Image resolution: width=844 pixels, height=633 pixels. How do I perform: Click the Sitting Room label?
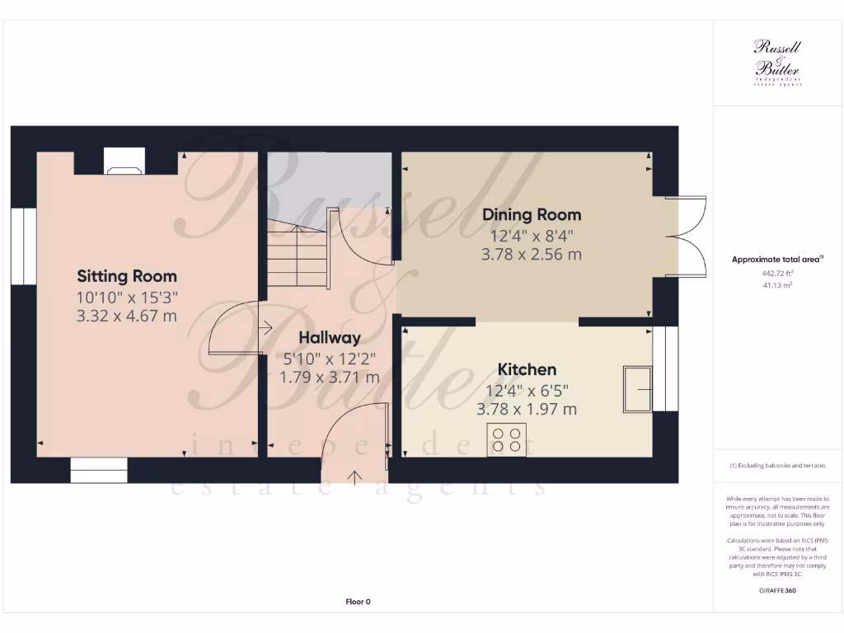127,276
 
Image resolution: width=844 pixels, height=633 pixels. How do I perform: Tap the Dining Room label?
532,215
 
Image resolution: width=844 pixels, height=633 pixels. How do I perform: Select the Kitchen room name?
527,370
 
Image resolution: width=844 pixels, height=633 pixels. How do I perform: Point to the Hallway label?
330,338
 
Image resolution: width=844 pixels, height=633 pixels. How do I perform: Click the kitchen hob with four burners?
507,439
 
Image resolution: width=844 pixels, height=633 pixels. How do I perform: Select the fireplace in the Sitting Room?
124,162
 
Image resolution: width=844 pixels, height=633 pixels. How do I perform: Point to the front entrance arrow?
356,476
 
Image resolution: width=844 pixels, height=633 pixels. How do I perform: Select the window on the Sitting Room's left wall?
24,246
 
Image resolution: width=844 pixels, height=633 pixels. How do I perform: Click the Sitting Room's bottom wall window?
99,470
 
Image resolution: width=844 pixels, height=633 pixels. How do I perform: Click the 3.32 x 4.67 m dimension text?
127,316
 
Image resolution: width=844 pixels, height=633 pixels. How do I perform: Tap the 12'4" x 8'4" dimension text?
532,235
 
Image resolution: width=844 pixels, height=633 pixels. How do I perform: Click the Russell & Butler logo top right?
777,63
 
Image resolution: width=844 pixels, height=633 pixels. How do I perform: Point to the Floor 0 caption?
358,602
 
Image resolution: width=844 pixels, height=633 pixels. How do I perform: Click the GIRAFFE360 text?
778,590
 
